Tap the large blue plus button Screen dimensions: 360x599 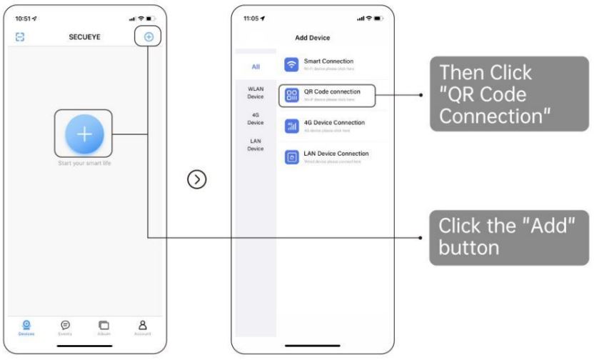click(84, 134)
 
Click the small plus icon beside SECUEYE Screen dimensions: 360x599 click(149, 36)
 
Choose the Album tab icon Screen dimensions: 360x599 click(104, 323)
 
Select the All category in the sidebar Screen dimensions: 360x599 click(255, 66)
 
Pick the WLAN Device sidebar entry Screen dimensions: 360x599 click(255, 92)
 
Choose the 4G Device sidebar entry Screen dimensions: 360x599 click(255, 119)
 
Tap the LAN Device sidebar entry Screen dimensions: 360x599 click(255, 145)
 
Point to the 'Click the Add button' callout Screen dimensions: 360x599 click(509, 237)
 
